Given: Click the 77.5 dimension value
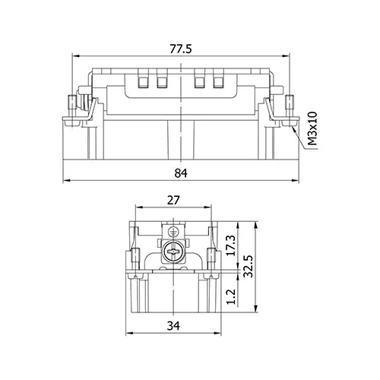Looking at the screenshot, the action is [x=181, y=49].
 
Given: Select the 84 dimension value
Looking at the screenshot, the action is [x=181, y=173].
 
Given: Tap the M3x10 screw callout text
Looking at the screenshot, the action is [x=312, y=128].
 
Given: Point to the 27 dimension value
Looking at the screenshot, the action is [x=173, y=200].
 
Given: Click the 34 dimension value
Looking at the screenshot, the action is [x=173, y=326].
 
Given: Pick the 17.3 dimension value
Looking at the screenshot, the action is [x=231, y=245].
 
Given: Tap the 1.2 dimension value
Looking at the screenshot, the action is [x=231, y=296].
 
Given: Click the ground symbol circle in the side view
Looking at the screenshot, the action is [x=173, y=231].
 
